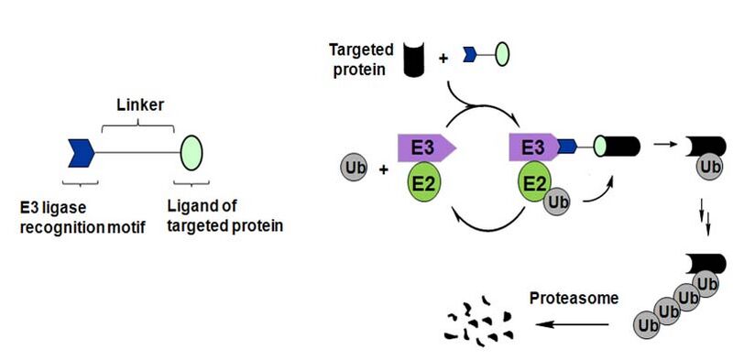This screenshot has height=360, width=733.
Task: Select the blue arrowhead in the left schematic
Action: pyautogui.click(x=82, y=151)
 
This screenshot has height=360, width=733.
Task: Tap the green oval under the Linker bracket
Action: pyautogui.click(x=191, y=151)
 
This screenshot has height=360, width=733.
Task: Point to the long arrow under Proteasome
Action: pyautogui.click(x=574, y=323)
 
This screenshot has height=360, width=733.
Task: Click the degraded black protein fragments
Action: pyautogui.click(x=478, y=322)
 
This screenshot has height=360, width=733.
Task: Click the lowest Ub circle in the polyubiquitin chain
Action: pyautogui.click(x=648, y=324)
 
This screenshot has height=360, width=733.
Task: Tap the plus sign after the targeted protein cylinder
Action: pyautogui.click(x=443, y=58)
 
